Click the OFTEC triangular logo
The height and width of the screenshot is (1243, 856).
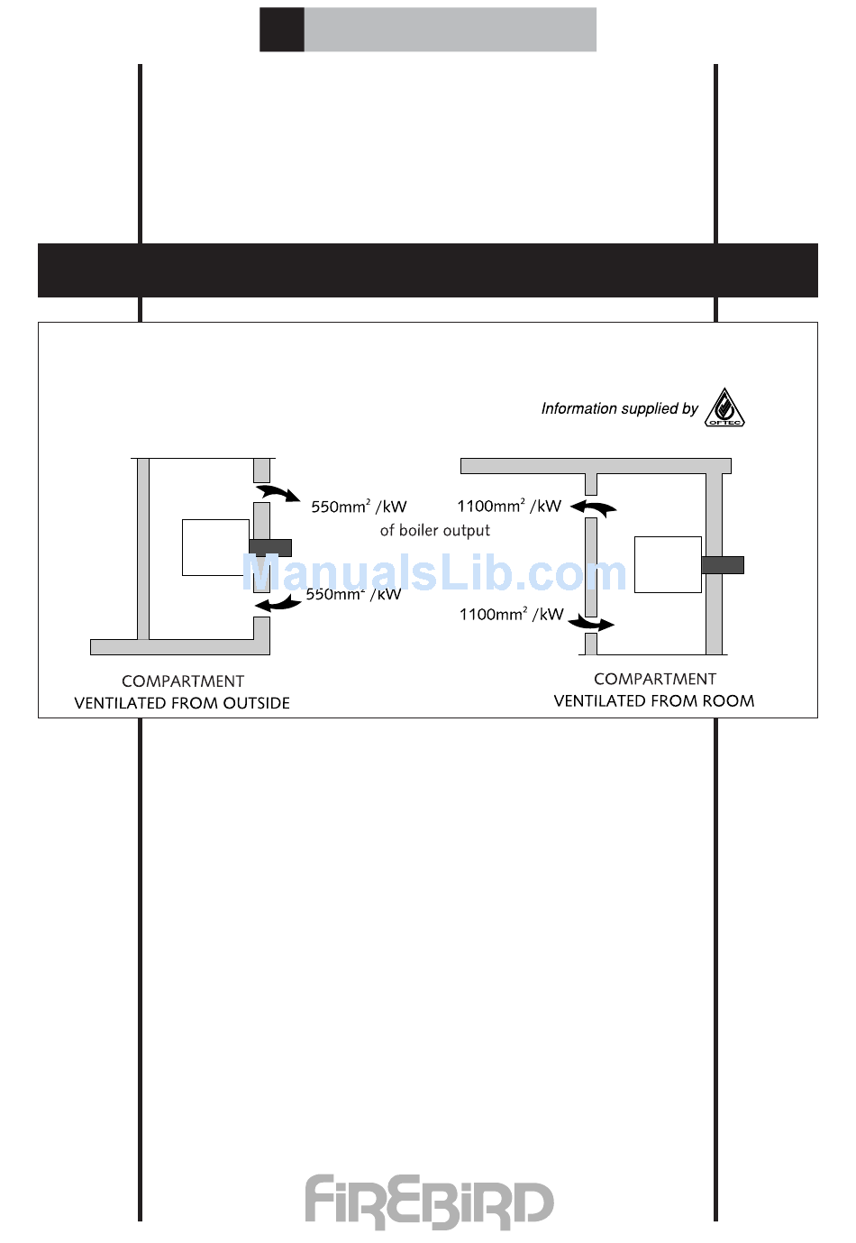pos(724,408)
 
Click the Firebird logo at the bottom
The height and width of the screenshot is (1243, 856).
pos(429,1202)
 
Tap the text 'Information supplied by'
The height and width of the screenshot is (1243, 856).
pos(619,409)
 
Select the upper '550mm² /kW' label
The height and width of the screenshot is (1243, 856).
pos(359,507)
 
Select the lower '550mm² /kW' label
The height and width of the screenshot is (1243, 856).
pos(353,594)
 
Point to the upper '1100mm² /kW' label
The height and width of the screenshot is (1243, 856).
pos(509,506)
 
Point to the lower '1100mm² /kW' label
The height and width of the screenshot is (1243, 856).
pos(511,614)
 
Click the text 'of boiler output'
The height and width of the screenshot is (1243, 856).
pos(435,531)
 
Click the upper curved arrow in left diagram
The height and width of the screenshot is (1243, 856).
pos(278,493)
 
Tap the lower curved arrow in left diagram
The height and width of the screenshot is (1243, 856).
pos(278,603)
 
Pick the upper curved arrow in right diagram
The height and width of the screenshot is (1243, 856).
pos(594,507)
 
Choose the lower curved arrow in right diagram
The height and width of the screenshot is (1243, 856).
pos(592,623)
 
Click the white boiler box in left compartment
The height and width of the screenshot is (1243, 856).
pos(215,547)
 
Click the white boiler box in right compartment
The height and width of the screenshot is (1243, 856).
pos(668,564)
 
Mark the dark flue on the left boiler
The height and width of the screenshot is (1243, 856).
pos(270,547)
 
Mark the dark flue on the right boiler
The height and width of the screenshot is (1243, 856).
pos(723,565)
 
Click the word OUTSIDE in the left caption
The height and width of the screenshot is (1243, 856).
pos(257,703)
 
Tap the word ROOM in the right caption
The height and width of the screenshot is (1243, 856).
pos(728,701)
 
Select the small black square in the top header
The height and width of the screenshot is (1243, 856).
pos(282,30)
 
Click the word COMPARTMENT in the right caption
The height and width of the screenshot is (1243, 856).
pos(655,680)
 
